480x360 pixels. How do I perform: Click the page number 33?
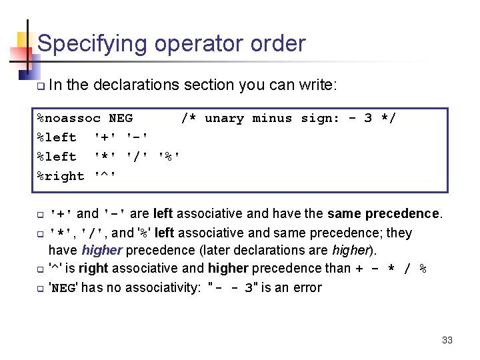(x=447, y=340)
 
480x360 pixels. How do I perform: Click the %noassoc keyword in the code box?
(x=69, y=119)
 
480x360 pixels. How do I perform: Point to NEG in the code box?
(x=121, y=119)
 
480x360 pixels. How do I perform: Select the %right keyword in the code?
(x=61, y=176)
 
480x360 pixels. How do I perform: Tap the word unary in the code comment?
(x=224, y=119)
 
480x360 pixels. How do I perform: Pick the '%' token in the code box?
(x=169, y=157)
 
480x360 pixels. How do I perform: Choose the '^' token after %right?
(x=106, y=176)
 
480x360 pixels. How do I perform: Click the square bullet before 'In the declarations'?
(x=41, y=86)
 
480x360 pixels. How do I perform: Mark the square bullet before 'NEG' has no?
(x=41, y=289)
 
